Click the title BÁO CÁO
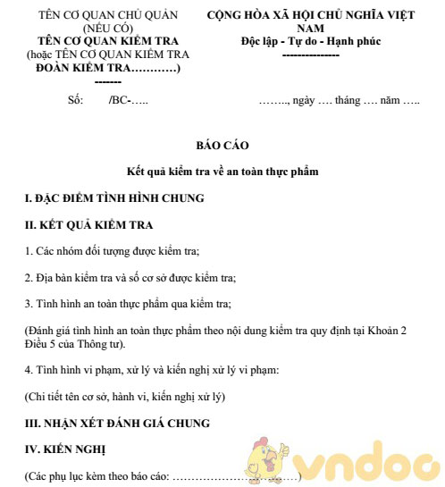click(222, 144)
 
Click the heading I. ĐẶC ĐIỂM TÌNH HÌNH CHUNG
click(115, 197)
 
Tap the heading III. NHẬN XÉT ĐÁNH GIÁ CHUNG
click(117, 422)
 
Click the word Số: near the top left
click(76, 99)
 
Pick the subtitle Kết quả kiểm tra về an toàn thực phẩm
click(222, 170)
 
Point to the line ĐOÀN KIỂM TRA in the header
click(103, 68)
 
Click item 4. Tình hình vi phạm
click(153, 369)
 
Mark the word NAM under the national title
click(310, 29)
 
